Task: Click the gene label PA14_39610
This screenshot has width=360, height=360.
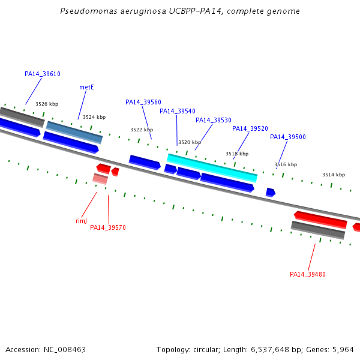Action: click(43, 74)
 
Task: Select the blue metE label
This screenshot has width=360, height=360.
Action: click(86, 87)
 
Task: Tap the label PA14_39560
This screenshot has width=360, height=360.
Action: click(143, 102)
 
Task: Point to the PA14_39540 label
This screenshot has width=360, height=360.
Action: click(178, 111)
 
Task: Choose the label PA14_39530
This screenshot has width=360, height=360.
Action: click(214, 120)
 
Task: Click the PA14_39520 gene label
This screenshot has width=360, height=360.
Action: click(250, 128)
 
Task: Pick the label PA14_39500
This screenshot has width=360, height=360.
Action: click(288, 137)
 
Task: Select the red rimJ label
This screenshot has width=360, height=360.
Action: click(81, 221)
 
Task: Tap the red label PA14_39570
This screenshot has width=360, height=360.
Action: click(108, 227)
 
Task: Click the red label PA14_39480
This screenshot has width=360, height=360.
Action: click(308, 274)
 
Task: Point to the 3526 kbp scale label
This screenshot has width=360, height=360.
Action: click(47, 104)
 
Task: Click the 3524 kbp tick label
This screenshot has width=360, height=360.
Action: click(94, 117)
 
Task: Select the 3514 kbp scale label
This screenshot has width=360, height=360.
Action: click(334, 175)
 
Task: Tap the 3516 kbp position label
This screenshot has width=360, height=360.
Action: click(286, 164)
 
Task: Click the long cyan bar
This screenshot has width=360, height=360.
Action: click(212, 168)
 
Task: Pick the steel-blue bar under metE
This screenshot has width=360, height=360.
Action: click(74, 133)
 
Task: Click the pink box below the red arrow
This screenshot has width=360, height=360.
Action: click(100, 179)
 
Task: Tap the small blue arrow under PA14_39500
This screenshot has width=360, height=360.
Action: click(271, 193)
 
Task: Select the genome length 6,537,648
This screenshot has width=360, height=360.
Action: click(270, 350)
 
